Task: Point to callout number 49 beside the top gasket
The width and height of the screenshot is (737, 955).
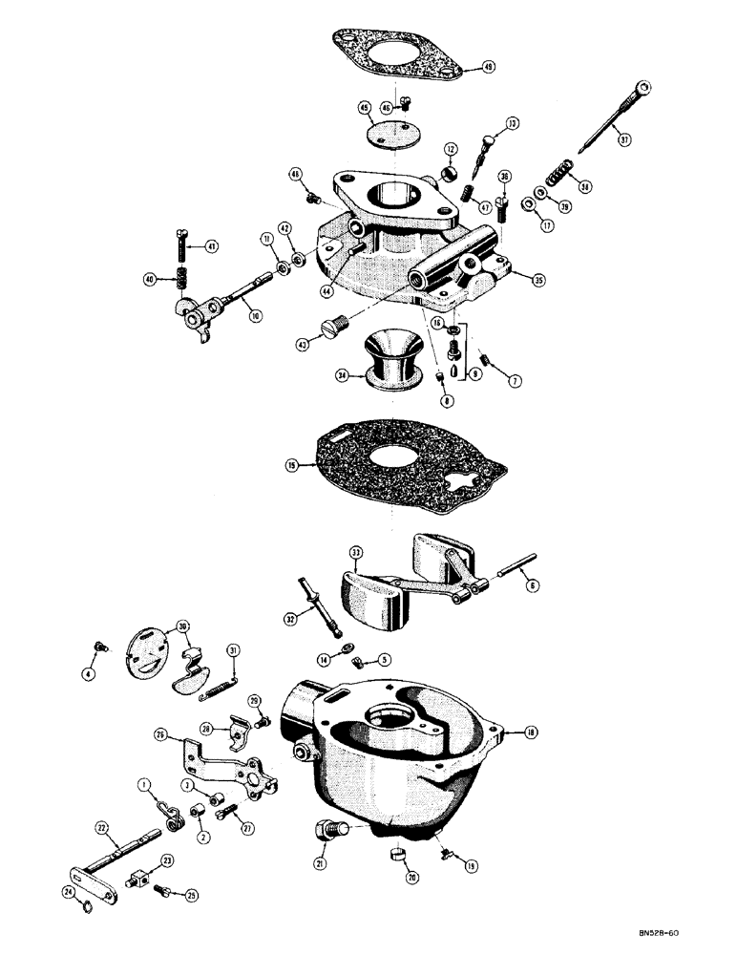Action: (x=489, y=68)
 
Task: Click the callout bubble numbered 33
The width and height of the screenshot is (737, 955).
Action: (x=355, y=553)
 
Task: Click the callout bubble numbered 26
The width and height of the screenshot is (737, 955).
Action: (x=160, y=735)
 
